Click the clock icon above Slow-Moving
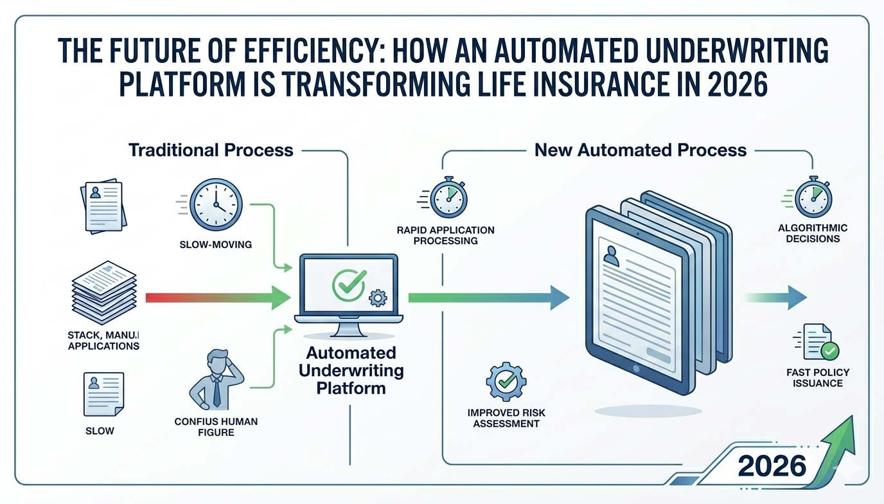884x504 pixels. point(217,204)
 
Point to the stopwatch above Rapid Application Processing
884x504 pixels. point(448,198)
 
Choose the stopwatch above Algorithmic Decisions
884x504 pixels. point(813,197)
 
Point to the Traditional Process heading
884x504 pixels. point(211,150)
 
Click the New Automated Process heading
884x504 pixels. point(641,150)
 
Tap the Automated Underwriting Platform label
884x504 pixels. point(351,370)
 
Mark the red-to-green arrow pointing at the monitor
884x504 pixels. point(218,297)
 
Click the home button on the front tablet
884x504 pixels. point(636,369)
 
